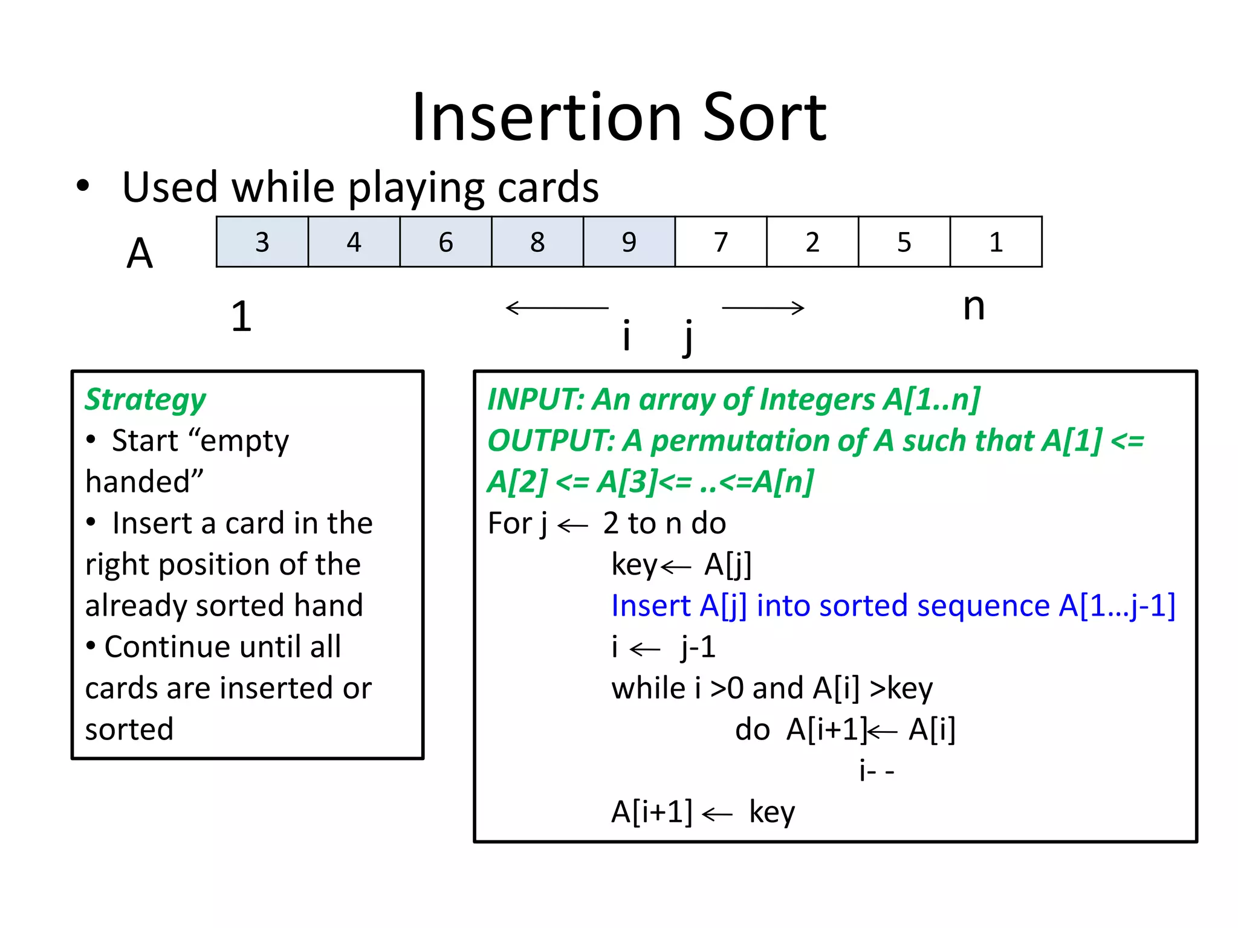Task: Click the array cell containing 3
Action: coord(262,242)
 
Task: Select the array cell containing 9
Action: coord(629,242)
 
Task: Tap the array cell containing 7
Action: coord(721,242)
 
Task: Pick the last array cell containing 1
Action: coord(996,242)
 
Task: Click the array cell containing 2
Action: coord(812,242)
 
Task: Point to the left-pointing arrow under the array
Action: coord(556,308)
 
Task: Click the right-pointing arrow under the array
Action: coord(763,308)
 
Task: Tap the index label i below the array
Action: coord(627,335)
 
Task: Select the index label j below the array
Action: coord(688,337)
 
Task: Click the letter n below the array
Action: coord(973,307)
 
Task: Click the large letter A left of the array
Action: coord(140,253)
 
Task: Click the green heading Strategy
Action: coord(145,400)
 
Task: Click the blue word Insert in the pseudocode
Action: coord(650,605)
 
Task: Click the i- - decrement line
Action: coord(876,770)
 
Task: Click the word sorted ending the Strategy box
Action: coord(129,729)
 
